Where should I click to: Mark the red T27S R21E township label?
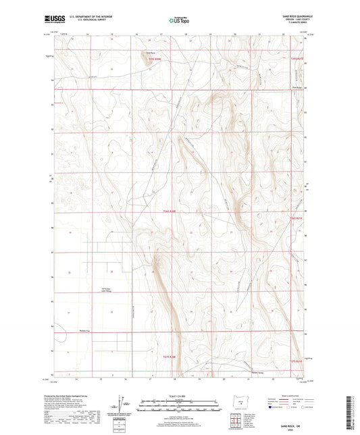[x=297, y=363]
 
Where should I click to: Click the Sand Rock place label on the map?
[x=149, y=51]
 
